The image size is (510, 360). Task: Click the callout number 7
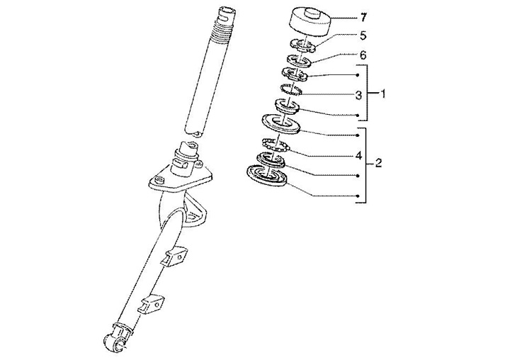(x=363, y=17)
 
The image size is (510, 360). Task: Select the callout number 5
(x=363, y=35)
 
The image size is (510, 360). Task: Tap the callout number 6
(x=363, y=55)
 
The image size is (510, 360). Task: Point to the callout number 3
(x=358, y=96)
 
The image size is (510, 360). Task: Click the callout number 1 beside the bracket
(x=382, y=94)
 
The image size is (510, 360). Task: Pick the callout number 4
(x=358, y=156)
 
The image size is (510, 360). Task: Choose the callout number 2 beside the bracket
(x=378, y=163)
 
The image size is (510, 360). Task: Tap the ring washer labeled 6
(x=299, y=60)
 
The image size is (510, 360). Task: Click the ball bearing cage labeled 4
(x=276, y=145)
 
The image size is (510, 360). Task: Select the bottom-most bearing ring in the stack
(x=267, y=176)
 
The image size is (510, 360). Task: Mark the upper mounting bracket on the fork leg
(x=175, y=257)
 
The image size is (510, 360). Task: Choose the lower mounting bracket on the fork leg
(x=152, y=303)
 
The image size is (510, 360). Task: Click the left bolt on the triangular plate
(x=159, y=179)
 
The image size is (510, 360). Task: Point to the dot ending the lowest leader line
(x=358, y=196)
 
